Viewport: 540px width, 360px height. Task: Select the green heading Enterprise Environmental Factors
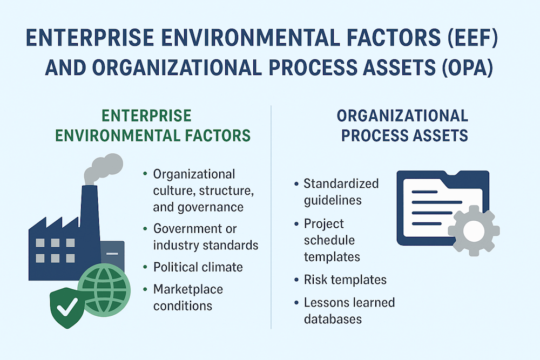pos(146,125)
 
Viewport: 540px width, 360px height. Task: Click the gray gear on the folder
pos(469,229)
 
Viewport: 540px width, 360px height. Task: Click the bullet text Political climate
pos(198,267)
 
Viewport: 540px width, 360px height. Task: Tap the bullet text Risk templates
pos(345,280)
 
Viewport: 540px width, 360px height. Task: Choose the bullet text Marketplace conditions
pos(188,297)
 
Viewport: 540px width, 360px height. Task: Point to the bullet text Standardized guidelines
pos(341,192)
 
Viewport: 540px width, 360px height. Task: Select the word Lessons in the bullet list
pos(325,302)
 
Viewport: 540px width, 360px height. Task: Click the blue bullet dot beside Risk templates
pos(296,280)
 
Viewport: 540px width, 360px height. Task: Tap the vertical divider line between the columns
pos(271,216)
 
